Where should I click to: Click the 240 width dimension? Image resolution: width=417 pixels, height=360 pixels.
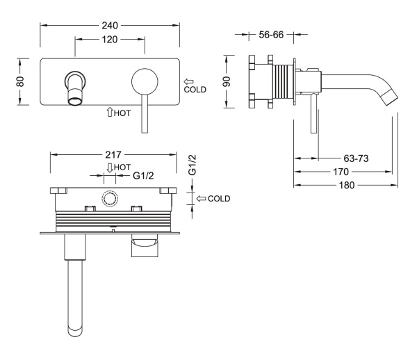[110, 26]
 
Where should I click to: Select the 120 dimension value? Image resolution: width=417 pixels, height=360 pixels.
[110, 40]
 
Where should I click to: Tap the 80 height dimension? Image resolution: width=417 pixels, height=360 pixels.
[20, 81]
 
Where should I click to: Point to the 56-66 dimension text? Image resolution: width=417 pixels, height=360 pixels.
[271, 35]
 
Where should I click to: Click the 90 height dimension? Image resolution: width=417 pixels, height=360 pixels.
[227, 81]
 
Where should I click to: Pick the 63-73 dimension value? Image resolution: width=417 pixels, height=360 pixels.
[356, 158]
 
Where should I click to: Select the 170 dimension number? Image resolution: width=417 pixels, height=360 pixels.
[341, 172]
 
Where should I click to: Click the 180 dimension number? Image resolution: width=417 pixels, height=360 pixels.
[347, 185]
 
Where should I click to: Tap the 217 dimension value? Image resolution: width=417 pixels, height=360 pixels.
[113, 155]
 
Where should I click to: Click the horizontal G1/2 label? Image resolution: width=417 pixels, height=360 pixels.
[143, 175]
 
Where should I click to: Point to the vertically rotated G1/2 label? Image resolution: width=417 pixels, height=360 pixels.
[192, 165]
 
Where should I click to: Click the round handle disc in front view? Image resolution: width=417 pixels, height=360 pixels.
[145, 81]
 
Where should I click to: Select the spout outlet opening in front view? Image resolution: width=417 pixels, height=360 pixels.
[75, 101]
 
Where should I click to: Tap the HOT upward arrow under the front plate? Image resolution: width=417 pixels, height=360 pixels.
[110, 112]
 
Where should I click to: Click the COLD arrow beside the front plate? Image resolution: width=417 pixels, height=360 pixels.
[189, 81]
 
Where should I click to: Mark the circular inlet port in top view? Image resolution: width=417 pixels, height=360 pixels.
[109, 199]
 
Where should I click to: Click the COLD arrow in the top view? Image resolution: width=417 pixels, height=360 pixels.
[201, 198]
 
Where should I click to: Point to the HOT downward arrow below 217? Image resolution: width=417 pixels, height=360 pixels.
[110, 168]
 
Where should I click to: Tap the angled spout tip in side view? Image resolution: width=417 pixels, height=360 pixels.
[391, 97]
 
